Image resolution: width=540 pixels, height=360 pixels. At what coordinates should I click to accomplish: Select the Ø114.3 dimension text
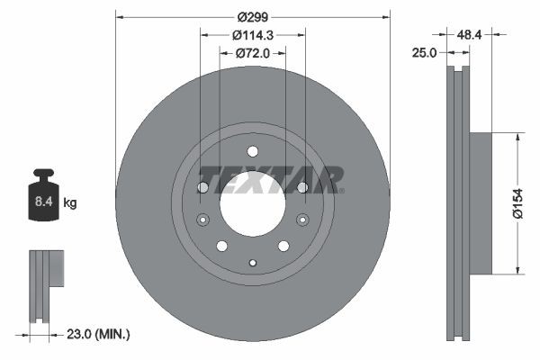click(252, 35)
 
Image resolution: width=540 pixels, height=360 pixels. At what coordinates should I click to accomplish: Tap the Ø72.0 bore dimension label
click(253, 53)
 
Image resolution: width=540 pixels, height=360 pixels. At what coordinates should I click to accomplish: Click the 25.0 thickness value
click(423, 53)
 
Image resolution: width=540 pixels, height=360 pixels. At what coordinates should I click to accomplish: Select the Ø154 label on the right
click(517, 202)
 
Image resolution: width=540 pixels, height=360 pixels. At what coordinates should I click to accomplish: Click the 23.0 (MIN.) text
click(100, 334)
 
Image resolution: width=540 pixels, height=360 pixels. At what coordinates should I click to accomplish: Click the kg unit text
click(70, 203)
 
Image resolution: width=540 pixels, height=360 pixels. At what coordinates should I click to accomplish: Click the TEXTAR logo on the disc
click(271, 179)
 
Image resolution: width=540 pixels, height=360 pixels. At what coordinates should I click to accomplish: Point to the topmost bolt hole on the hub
click(253, 151)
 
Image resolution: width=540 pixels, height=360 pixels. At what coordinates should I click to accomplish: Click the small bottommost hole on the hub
click(253, 262)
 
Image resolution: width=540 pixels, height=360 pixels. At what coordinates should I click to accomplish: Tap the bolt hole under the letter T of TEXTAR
click(203, 187)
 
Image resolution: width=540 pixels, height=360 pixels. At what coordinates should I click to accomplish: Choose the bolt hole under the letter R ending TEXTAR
click(302, 187)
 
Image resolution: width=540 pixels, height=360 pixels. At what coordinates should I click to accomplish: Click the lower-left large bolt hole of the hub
click(222, 246)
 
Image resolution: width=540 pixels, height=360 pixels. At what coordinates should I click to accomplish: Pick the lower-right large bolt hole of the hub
click(283, 246)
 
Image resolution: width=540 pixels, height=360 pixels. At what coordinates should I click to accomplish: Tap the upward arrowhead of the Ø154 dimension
click(517, 137)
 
